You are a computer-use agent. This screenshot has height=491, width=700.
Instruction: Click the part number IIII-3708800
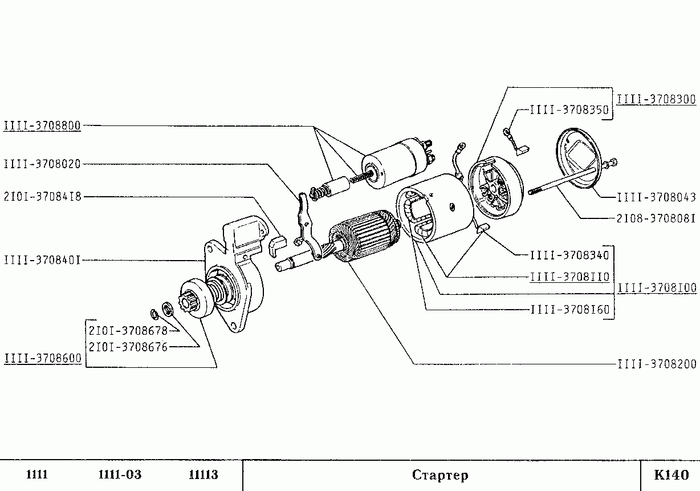pos(42,125)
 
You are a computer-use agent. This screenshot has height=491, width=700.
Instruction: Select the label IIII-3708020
pos(42,164)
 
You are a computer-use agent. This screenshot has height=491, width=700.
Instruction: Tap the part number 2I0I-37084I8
pos(42,197)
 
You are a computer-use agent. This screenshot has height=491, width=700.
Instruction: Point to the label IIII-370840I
pos(42,260)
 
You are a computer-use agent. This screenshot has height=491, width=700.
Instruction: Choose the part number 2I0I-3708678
pos(127,330)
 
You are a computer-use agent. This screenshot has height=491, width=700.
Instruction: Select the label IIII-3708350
pos(569,109)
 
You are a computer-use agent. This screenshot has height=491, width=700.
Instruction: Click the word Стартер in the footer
pos(440,475)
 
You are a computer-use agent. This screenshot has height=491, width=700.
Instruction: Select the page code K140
pos(671,475)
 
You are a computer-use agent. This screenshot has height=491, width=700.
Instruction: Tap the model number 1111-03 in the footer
pos(120,475)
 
